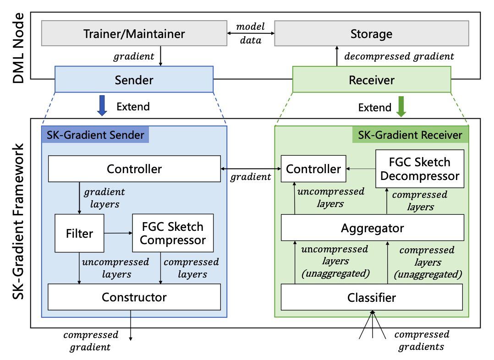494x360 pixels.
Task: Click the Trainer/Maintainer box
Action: [134, 33]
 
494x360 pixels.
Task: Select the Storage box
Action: [371, 33]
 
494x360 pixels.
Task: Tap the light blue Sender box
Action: [134, 80]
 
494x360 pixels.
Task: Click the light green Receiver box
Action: [371, 80]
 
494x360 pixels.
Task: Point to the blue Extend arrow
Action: [102, 105]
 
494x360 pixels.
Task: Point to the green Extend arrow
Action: [401, 105]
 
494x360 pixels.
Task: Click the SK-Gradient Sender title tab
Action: [95, 135]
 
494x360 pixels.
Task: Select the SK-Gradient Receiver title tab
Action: [410, 135]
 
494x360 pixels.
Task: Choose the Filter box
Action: [79, 233]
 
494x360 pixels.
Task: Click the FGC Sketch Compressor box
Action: [173, 233]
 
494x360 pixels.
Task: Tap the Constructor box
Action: [134, 297]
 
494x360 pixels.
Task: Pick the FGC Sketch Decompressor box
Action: [420, 169]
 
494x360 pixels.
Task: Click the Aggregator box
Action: [372, 228]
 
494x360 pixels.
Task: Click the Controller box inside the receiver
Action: [313, 169]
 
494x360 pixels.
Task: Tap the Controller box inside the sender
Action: [134, 169]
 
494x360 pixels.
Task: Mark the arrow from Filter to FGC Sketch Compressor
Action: [118, 233]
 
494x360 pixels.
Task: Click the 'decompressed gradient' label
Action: [399, 56]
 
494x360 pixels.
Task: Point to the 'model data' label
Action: [250, 33]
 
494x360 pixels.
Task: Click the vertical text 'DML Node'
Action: [18, 49]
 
